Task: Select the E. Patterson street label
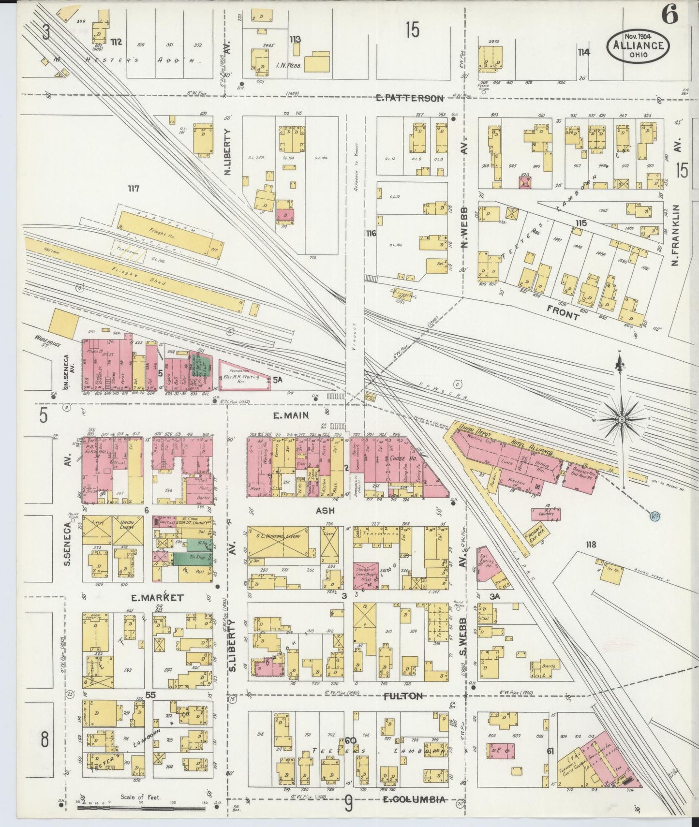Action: tap(410, 98)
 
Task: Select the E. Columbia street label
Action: tap(413, 799)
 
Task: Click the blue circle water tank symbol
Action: tap(654, 517)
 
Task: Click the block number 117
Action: tap(133, 189)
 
